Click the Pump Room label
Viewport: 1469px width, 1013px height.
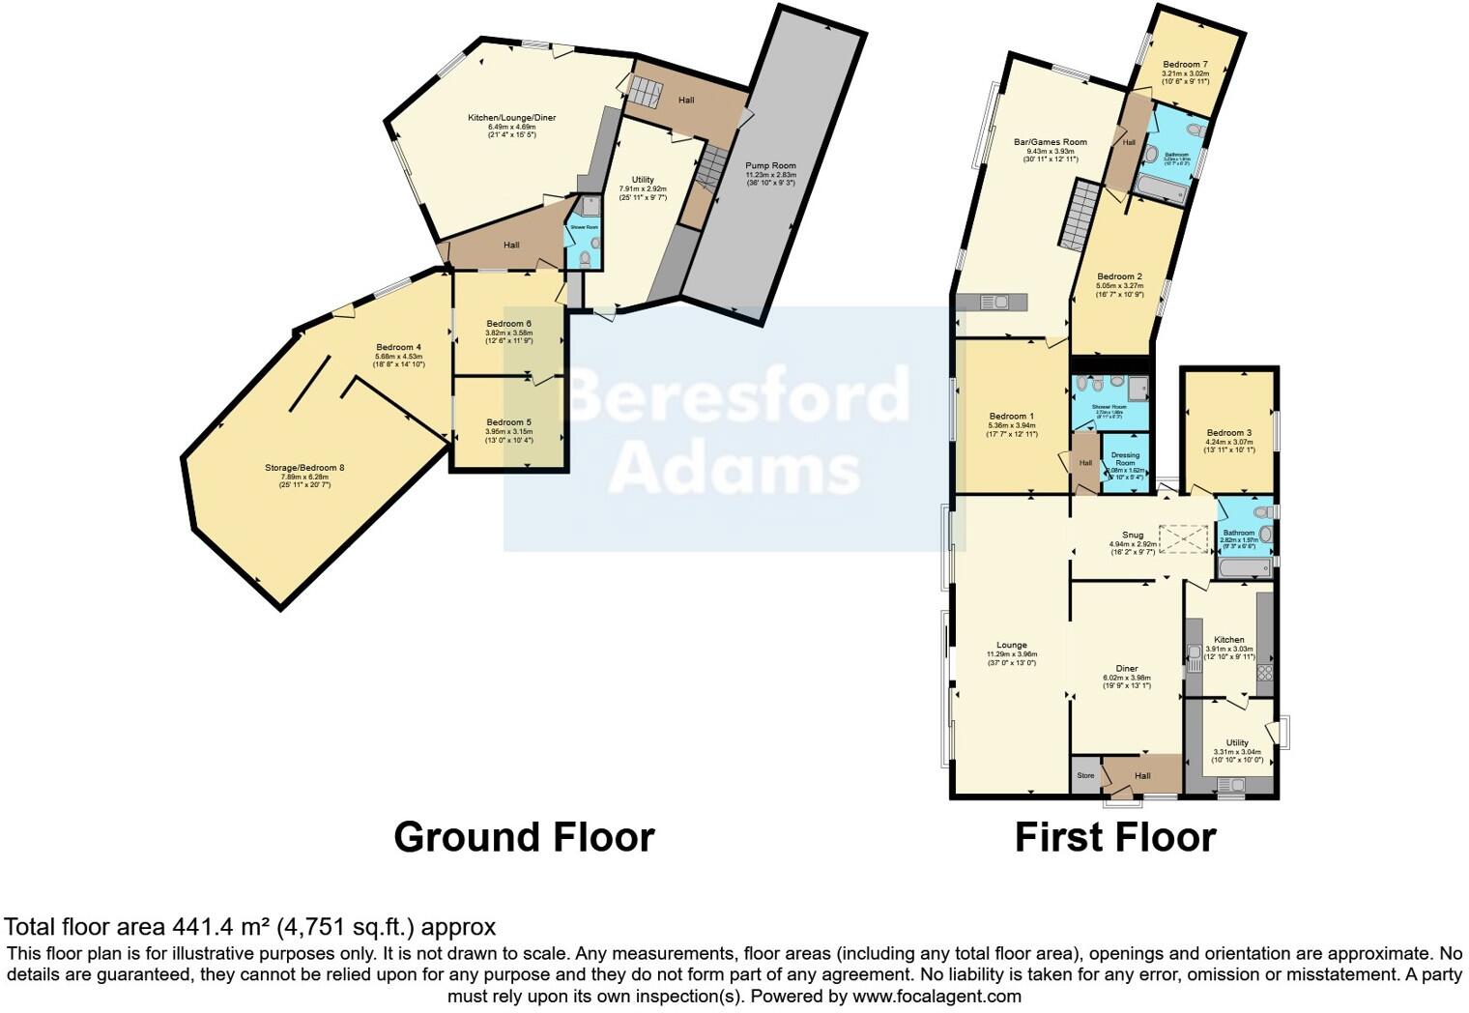770,166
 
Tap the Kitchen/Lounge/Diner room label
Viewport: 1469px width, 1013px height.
511,118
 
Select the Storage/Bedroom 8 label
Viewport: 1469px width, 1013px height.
304,468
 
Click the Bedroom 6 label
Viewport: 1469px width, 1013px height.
508,324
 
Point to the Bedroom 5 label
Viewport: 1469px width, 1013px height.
508,422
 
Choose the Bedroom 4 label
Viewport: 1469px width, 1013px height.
398,347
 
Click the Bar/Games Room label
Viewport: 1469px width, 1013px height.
1050,142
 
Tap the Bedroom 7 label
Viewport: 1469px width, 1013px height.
1185,65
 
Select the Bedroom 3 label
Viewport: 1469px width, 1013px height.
1228,433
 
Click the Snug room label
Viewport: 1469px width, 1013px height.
1133,535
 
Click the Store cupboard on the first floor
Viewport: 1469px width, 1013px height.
1085,775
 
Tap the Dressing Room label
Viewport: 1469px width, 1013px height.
1125,459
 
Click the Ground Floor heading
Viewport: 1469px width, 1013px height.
524,837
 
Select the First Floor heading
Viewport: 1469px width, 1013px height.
1115,837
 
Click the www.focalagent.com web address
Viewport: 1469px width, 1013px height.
936,996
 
